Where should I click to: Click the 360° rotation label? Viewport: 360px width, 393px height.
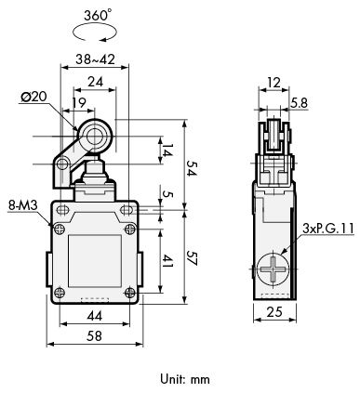pyautogui.click(x=98, y=16)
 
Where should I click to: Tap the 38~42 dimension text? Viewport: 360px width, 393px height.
pyautogui.click(x=95, y=59)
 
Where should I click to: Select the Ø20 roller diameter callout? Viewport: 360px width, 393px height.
pyautogui.click(x=33, y=97)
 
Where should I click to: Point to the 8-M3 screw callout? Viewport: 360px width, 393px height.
pyautogui.click(x=22, y=205)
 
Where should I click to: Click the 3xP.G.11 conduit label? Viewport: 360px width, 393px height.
pyautogui.click(x=328, y=229)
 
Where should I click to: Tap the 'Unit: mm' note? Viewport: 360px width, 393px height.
pyautogui.click(x=185, y=379)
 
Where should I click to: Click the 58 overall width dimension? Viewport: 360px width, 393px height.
pyautogui.click(x=94, y=335)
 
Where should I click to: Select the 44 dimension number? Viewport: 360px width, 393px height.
pyautogui.click(x=94, y=316)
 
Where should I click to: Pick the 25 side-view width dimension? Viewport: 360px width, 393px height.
pyautogui.click(x=274, y=311)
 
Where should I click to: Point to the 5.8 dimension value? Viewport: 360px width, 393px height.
pyautogui.click(x=299, y=103)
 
